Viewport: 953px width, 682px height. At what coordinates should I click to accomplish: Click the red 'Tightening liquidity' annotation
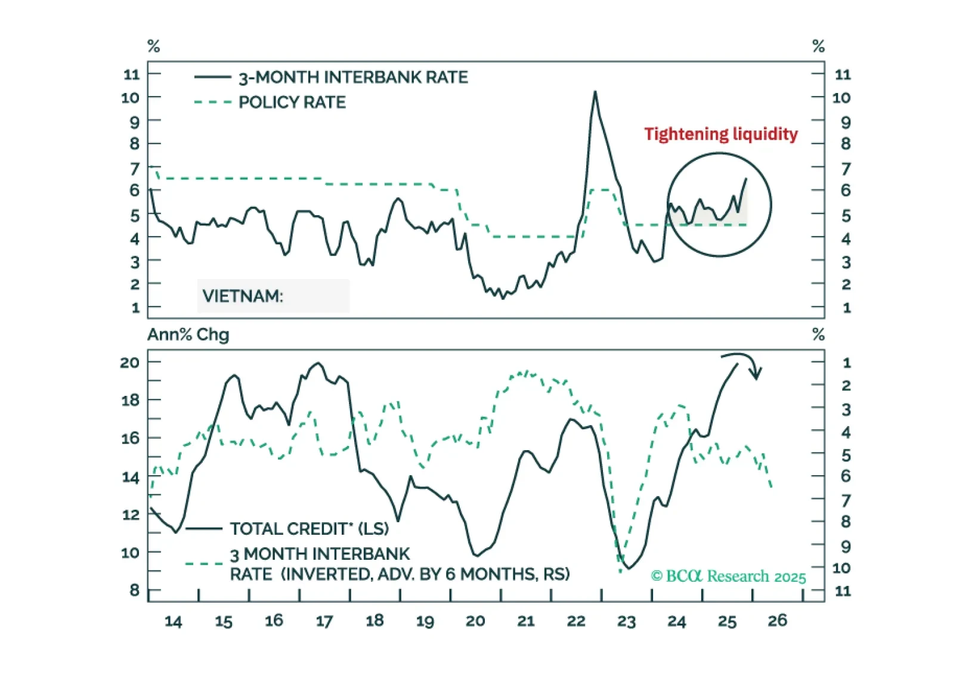[720, 134]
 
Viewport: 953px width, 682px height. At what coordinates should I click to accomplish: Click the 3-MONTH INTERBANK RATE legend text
[353, 77]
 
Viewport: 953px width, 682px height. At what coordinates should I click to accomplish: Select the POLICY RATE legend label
[292, 103]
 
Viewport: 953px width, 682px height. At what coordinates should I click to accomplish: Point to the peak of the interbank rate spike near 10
[595, 92]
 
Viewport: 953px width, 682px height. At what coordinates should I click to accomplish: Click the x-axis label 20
[475, 621]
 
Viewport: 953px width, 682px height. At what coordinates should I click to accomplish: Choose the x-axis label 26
[777, 621]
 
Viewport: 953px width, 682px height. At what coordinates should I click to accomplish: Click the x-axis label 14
[173, 621]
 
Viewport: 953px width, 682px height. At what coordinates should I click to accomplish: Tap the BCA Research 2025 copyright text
[728, 576]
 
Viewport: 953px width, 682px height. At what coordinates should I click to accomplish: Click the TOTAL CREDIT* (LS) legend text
[309, 529]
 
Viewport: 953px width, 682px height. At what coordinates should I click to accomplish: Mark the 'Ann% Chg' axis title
[188, 335]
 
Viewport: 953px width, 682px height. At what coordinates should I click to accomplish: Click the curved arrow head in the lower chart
[756, 374]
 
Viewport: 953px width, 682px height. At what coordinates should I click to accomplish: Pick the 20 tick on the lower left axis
[129, 362]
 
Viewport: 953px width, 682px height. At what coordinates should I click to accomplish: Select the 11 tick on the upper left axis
[131, 75]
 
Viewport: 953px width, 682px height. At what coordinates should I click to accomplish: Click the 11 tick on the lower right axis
[842, 591]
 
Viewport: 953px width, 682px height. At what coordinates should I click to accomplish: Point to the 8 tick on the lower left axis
[134, 590]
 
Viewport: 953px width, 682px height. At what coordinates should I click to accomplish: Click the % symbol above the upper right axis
[818, 46]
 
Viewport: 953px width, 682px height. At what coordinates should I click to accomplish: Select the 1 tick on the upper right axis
[846, 308]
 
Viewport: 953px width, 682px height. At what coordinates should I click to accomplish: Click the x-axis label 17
[324, 621]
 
